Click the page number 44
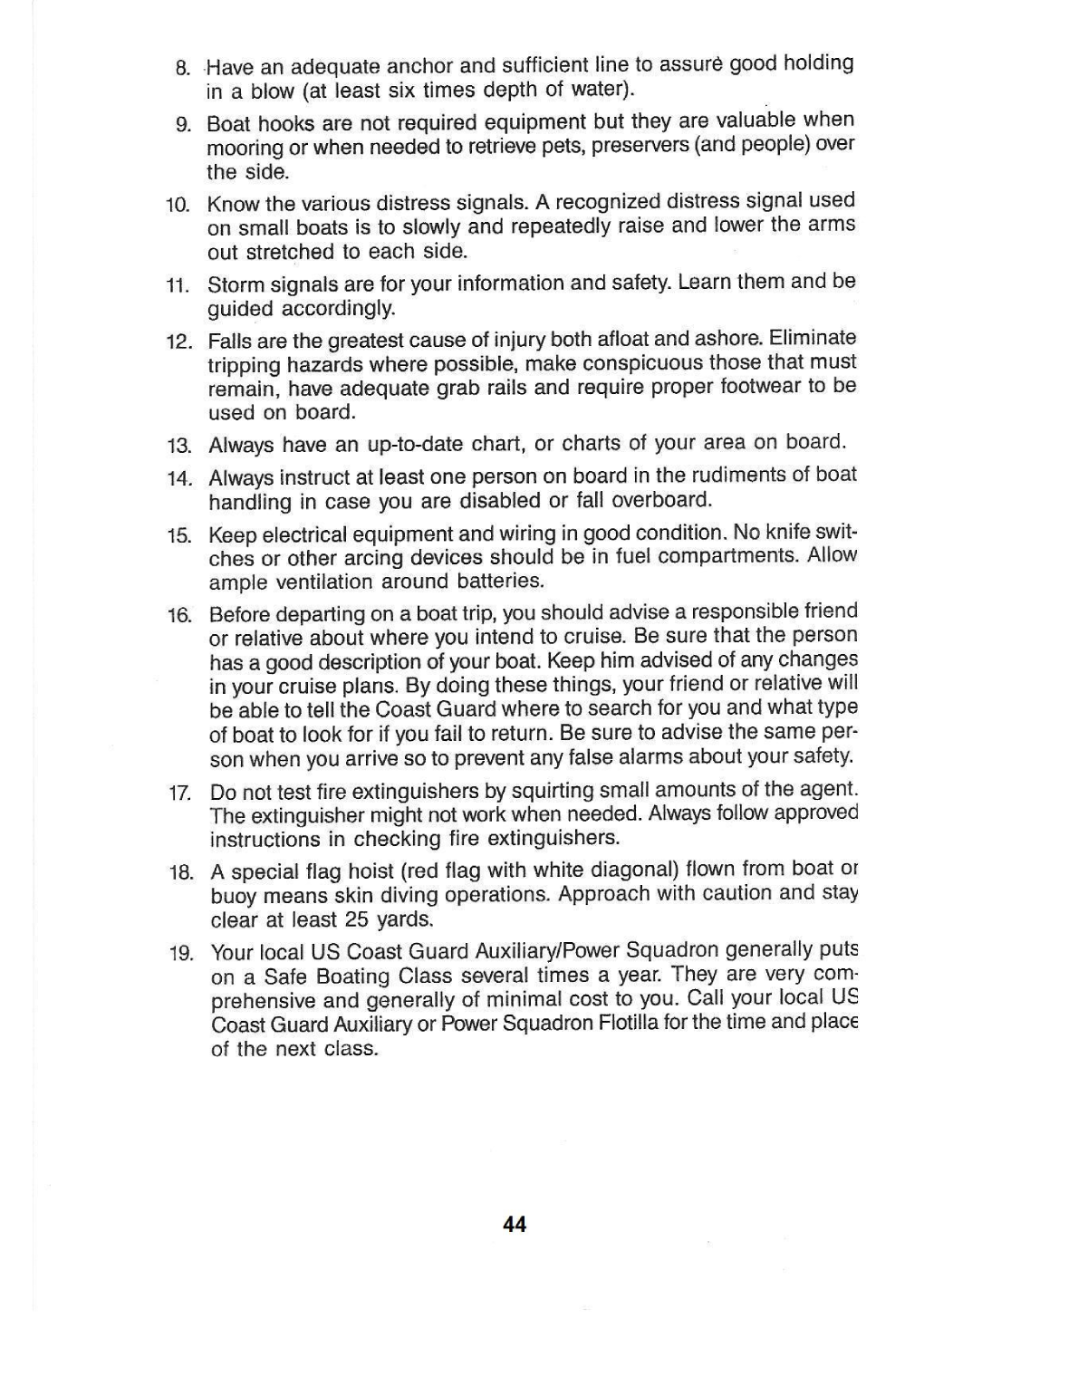coord(515,1225)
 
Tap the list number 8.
coord(182,68)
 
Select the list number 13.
coord(178,446)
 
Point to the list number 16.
coord(178,616)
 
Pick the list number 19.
coord(180,953)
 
